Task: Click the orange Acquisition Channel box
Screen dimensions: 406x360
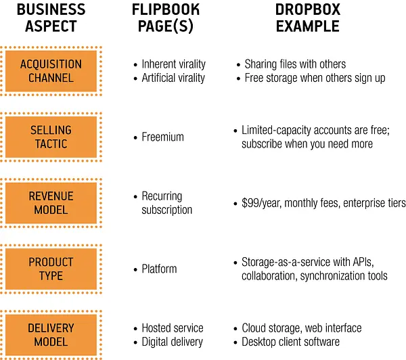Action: pos(51,71)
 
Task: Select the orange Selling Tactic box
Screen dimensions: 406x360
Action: pos(51,137)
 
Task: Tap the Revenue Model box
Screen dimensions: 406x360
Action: pos(51,203)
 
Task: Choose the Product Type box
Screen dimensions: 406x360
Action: pos(51,269)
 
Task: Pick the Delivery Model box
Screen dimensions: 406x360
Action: pos(51,335)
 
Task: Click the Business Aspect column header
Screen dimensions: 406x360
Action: pos(51,18)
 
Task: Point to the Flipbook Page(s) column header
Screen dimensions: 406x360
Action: pos(166,18)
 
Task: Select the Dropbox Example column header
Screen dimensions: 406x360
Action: pos(308,18)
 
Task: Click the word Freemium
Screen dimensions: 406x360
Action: pos(162,137)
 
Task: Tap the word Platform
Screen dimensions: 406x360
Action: pos(159,269)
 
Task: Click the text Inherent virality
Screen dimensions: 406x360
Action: pos(173,64)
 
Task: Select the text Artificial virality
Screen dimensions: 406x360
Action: pos(173,78)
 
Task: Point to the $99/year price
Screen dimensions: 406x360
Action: pos(261,203)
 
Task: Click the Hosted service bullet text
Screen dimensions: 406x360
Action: pos(173,328)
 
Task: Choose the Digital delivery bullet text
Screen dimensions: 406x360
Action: pos(172,342)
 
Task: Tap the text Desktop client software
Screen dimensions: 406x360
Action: pos(290,342)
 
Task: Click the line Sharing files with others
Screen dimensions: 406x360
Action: pos(295,64)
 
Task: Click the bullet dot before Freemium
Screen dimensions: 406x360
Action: pos(135,137)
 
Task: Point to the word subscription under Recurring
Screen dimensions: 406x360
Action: pos(167,210)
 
